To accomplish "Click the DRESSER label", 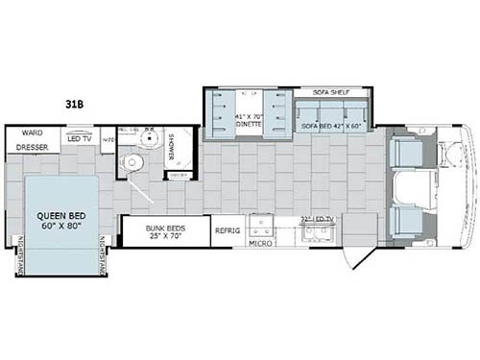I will (32, 148).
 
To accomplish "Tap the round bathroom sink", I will (149, 138).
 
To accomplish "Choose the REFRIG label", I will (228, 230).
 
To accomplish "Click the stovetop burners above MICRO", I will (259, 226).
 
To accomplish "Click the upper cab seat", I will (407, 152).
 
